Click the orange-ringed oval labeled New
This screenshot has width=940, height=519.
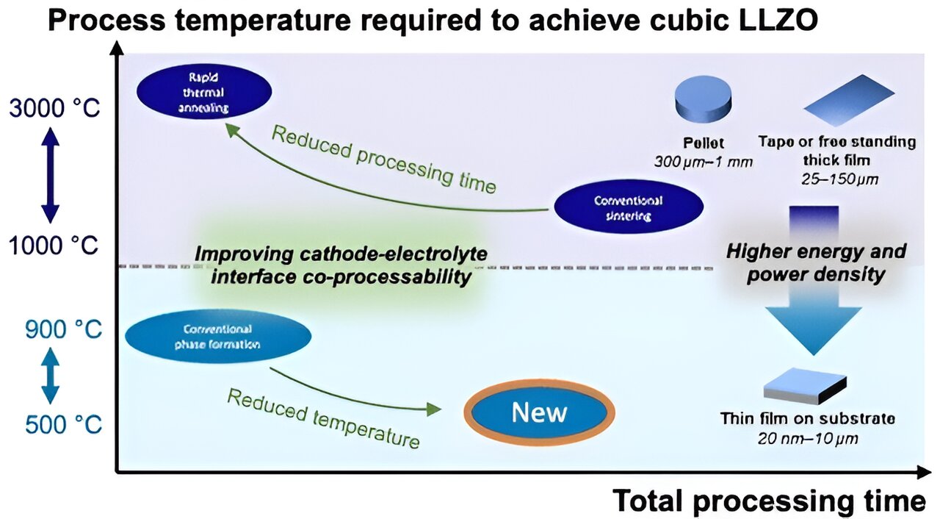(540, 413)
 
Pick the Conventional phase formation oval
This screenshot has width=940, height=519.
(218, 337)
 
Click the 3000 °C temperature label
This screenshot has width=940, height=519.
(54, 108)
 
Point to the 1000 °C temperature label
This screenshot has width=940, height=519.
(54, 245)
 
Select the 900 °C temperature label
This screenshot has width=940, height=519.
(63, 329)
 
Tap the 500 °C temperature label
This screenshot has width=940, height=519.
(63, 424)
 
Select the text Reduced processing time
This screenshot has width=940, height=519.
(383, 159)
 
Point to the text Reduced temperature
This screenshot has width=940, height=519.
(323, 418)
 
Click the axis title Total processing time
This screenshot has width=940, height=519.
(769, 501)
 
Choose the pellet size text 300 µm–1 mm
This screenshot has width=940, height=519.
(703, 161)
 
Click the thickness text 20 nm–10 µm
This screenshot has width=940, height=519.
(806, 438)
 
